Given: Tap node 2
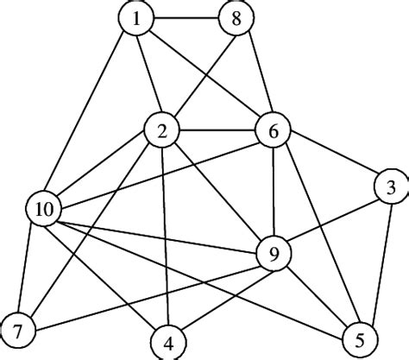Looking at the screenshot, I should [x=161, y=132].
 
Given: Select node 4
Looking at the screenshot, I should [x=169, y=341].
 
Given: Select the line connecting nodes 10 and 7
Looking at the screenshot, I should [x=31, y=268].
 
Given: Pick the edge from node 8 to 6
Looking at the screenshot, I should [x=255, y=76].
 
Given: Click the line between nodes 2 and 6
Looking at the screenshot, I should [x=217, y=132].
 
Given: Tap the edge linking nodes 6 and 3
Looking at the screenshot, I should [x=332, y=159].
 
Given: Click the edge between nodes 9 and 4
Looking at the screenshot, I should [x=223, y=297].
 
